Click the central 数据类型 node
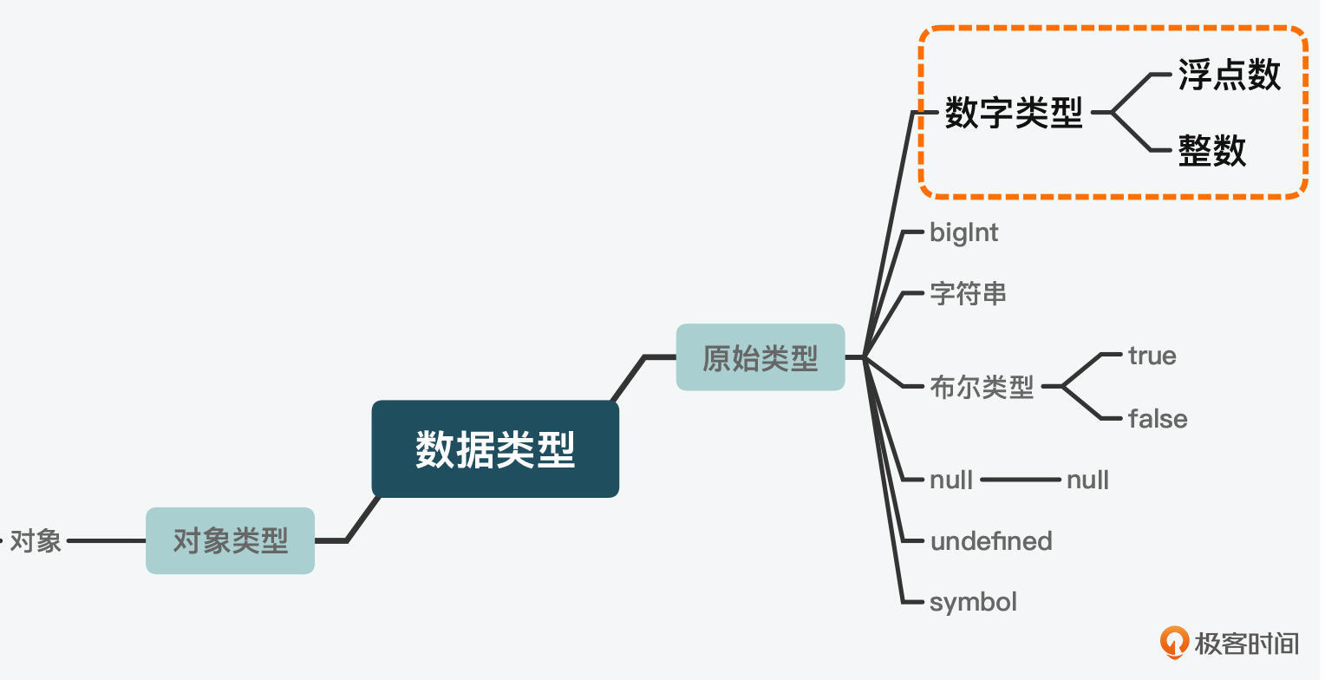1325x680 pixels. [495, 449]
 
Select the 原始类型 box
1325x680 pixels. [760, 357]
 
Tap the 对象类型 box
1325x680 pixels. [230, 541]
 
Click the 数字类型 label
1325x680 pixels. [1014, 113]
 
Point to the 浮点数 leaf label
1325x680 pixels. [1229, 75]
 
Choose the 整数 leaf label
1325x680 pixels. [1211, 151]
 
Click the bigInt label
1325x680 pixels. [963, 232]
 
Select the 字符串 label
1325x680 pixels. [968, 294]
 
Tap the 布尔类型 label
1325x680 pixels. [982, 386]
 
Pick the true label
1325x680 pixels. [1152, 356]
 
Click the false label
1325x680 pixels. [1158, 419]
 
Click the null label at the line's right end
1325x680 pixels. [1087, 480]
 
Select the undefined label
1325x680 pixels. [991, 541]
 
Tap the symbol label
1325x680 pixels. [973, 602]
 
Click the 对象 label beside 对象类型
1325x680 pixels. [36, 541]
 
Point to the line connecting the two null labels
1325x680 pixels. [1020, 480]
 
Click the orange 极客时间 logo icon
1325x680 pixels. [1175, 642]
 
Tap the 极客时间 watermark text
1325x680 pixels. [1247, 644]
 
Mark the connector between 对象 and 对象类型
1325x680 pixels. [106, 541]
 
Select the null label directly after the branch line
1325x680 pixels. [950, 480]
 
